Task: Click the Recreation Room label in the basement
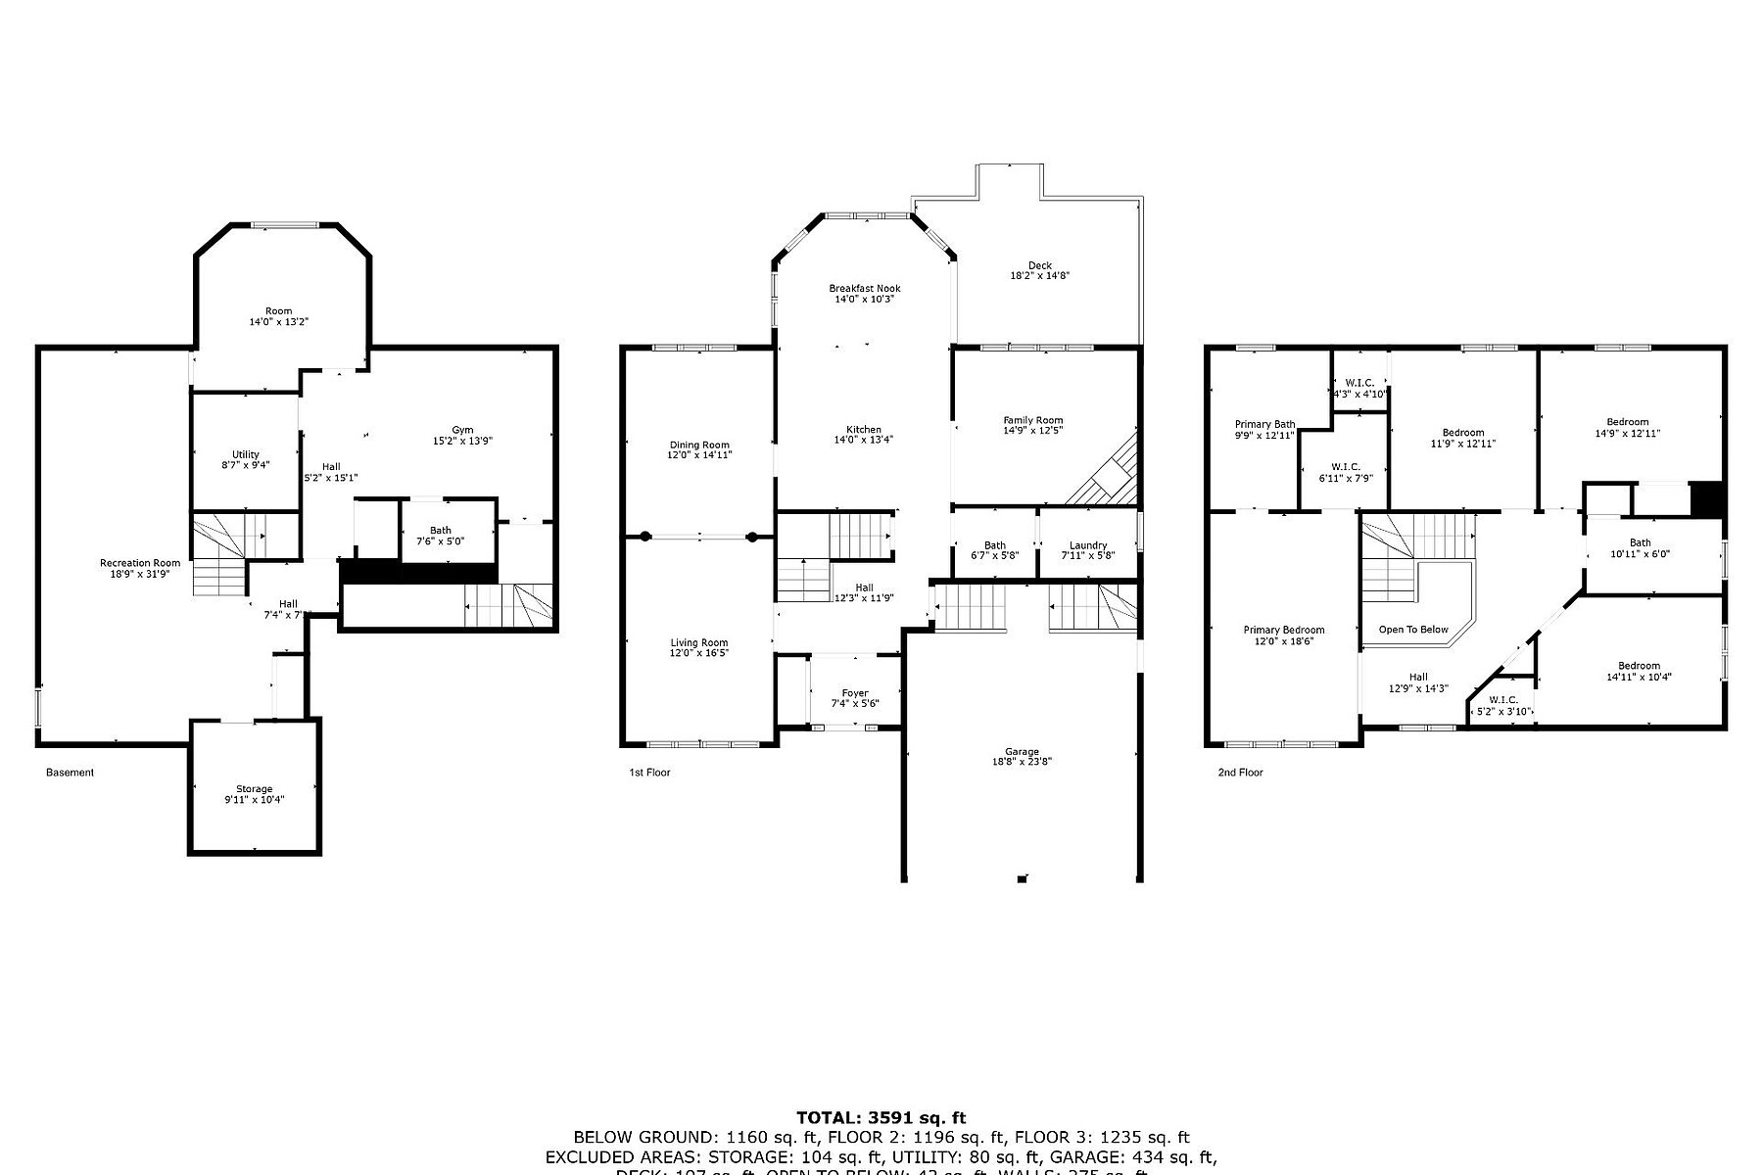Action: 140,563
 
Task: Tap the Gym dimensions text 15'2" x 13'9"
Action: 462,441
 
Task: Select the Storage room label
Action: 254,789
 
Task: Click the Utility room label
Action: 246,454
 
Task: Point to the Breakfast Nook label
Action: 864,288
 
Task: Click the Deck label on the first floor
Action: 1039,265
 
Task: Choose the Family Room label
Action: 1032,420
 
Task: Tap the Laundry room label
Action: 1088,545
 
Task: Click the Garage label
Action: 1022,752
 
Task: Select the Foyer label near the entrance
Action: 855,693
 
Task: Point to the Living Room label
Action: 699,642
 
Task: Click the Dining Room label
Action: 699,445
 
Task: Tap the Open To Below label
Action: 1413,630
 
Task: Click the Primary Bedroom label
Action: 1284,631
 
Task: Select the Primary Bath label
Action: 1264,425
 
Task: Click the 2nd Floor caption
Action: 1240,773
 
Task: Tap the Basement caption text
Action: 71,773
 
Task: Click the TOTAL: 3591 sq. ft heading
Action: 881,1117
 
